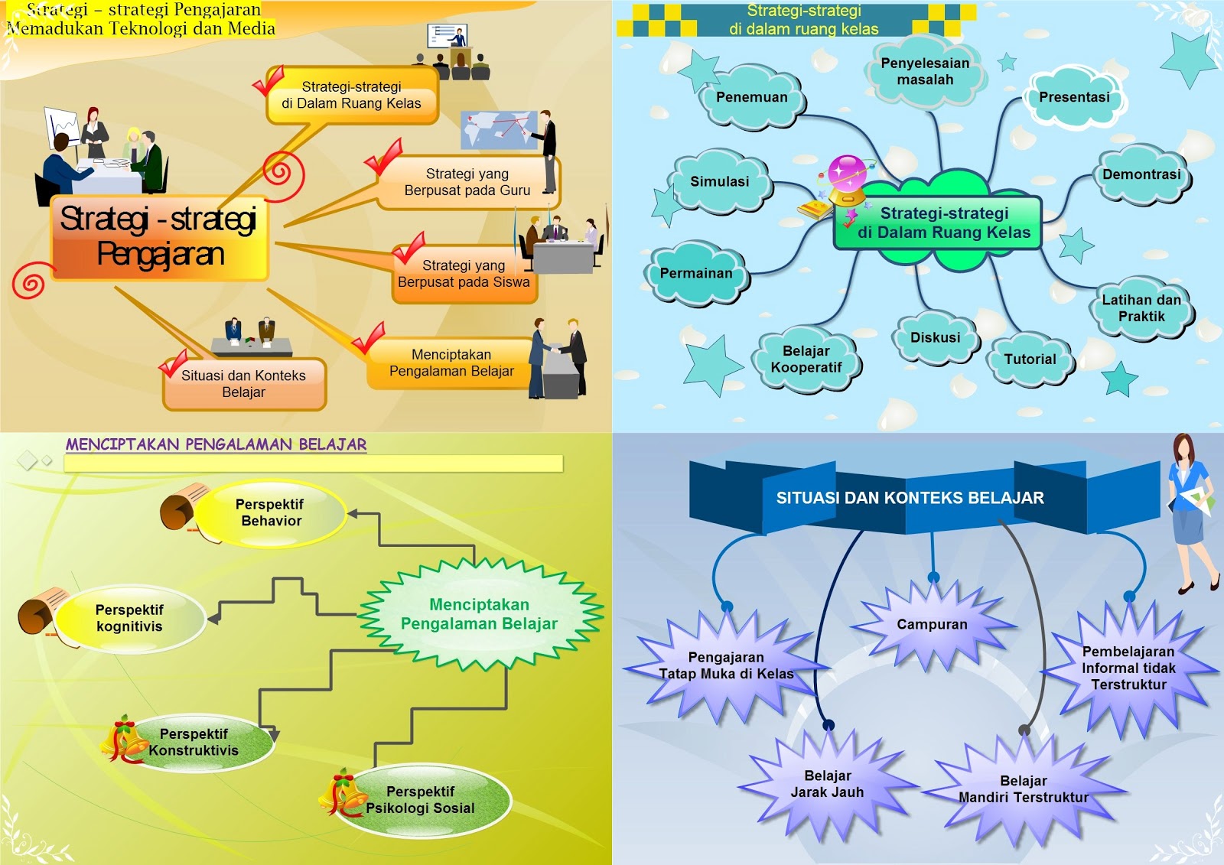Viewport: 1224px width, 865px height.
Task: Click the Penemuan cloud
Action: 751,98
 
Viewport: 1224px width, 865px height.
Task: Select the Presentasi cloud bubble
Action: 1074,98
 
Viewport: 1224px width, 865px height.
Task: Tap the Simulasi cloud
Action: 719,182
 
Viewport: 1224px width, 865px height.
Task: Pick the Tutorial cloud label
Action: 1030,359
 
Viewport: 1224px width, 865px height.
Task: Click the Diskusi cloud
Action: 935,338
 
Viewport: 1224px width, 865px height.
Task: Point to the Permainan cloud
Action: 696,274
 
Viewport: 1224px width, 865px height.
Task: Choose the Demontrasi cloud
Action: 1141,175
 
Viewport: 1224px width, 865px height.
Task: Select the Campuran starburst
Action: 932,625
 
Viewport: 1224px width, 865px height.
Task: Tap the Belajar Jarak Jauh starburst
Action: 827,785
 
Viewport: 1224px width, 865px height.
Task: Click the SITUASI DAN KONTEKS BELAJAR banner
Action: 910,498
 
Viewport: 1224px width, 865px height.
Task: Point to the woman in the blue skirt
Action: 1190,512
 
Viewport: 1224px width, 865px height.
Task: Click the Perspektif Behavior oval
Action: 271,513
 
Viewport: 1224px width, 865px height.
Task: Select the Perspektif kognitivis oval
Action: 129,619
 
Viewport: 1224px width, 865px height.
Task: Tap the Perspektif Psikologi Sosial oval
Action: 420,800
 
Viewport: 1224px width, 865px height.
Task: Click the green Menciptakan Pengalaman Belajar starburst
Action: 479,615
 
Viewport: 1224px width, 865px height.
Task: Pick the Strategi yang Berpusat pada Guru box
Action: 467,183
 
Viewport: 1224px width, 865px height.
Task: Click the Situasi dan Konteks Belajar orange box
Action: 243,384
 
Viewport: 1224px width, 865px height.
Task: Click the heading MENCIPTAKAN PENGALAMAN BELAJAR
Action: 216,444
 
